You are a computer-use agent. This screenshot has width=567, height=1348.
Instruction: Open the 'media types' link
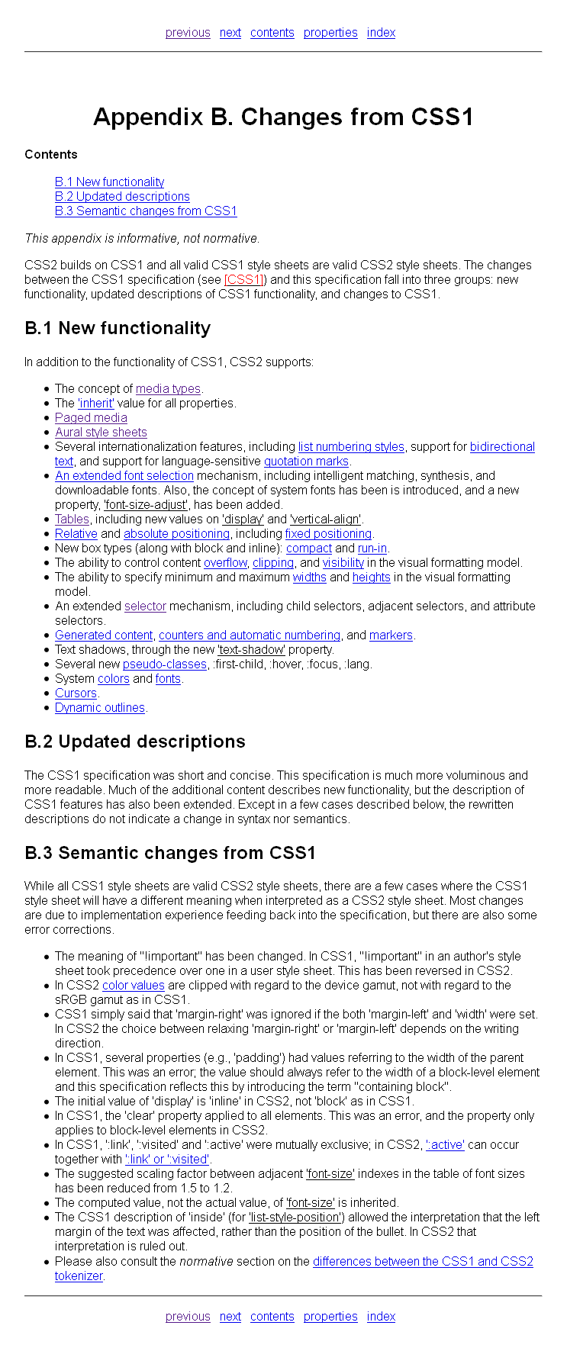[x=168, y=389]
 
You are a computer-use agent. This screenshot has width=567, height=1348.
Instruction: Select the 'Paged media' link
[x=91, y=418]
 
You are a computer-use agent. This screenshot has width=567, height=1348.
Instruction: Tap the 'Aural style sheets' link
[x=101, y=433]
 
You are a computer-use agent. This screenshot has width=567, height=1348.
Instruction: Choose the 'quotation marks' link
[x=306, y=462]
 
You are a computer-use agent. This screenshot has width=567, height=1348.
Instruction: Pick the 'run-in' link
[x=372, y=549]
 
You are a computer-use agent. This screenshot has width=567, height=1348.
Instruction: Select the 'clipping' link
[x=273, y=563]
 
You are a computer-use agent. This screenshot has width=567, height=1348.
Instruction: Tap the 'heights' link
[x=371, y=577]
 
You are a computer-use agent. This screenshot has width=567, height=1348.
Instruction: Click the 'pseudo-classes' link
[x=165, y=664]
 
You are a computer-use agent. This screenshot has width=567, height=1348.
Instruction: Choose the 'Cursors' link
[x=76, y=693]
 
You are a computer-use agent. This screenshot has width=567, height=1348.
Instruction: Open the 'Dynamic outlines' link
[x=100, y=708]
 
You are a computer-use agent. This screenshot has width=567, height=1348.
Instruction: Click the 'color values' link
[x=134, y=986]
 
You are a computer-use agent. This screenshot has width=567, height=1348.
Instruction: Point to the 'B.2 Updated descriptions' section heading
[x=135, y=742]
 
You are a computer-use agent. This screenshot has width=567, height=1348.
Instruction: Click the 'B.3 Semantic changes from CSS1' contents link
[x=146, y=211]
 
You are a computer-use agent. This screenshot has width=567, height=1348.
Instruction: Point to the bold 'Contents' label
[x=51, y=155]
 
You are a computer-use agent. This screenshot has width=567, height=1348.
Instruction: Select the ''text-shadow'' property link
[x=251, y=650]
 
